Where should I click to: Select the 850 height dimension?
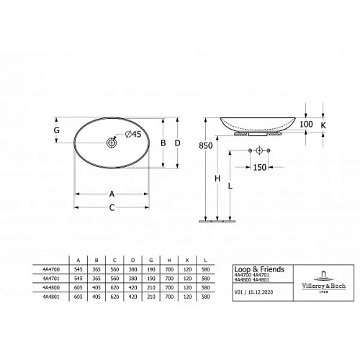point(205,145)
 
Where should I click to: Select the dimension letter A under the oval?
point(112,193)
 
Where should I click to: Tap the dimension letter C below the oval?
point(112,208)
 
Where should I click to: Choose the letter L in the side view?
point(230,186)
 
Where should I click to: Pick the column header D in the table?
point(133,258)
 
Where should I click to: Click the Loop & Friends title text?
point(260,269)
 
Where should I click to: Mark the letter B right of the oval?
point(164,143)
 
